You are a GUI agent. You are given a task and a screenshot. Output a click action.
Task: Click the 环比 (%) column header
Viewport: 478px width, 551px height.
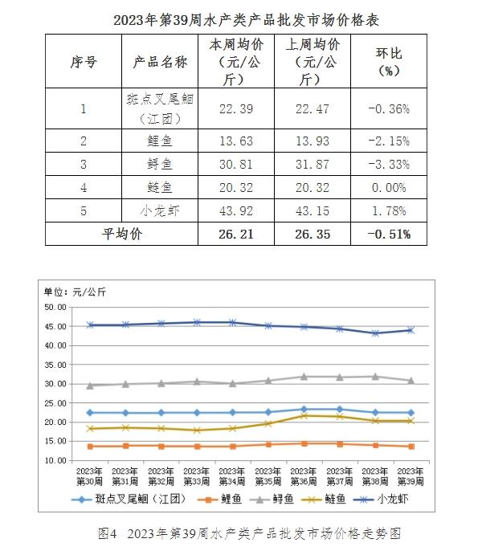coord(389,62)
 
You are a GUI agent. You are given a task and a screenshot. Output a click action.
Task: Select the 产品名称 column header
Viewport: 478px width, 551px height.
coord(160,62)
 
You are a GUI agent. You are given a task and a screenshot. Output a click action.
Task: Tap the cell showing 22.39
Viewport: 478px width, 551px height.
coord(236,109)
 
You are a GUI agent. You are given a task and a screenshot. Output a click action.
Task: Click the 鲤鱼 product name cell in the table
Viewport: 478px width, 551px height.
coord(160,141)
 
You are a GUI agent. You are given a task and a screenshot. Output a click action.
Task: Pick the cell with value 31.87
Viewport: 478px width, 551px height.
coord(313,165)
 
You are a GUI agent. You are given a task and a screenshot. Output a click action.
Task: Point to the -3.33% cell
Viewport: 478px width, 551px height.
coord(389,165)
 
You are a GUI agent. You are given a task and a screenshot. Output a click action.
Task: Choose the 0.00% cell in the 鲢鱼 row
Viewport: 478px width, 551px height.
coord(389,188)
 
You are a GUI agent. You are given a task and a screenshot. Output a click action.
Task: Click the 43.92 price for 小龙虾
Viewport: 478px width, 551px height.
coord(236,210)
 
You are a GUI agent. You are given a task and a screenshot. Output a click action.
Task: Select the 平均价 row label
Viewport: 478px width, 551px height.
coord(122,234)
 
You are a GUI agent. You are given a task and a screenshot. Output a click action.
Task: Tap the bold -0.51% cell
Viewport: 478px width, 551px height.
coord(389,235)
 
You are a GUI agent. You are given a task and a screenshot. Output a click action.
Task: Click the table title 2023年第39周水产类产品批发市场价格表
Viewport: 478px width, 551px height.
coord(246,20)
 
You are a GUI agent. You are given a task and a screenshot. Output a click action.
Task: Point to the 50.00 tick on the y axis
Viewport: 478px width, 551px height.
coord(55,307)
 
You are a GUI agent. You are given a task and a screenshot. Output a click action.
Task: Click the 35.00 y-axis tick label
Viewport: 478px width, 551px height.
coord(55,365)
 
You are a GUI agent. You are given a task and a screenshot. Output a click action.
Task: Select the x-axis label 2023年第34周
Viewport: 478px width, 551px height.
coord(232,476)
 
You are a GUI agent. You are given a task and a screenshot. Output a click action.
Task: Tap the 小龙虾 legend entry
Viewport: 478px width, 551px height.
coord(381,499)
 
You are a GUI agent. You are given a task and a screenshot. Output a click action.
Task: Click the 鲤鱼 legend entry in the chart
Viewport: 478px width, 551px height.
coord(219,499)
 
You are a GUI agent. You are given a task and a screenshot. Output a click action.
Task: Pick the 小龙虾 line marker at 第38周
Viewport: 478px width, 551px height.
coord(375,333)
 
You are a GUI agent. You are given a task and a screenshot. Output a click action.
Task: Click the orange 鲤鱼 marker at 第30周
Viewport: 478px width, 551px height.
coord(90,447)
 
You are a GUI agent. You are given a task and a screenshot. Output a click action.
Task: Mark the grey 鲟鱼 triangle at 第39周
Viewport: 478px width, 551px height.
coord(411,381)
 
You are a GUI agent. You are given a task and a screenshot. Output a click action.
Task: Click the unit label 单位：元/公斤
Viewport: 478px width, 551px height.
coord(75,292)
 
